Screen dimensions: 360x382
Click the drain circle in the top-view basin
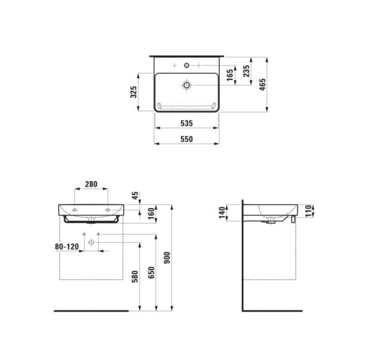click(187, 84)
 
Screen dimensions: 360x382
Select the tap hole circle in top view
click(187, 66)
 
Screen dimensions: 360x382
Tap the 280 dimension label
click(91, 184)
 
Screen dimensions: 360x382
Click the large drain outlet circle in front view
click(91, 243)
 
